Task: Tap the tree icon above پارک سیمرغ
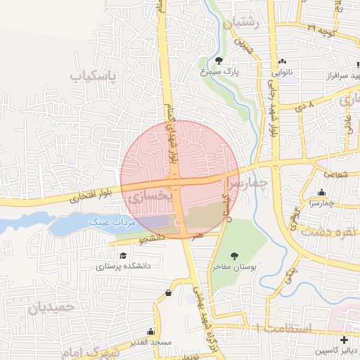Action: (x=219, y=60)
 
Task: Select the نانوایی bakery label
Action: (x=283, y=71)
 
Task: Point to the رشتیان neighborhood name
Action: (x=241, y=24)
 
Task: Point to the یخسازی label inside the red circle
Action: (x=149, y=198)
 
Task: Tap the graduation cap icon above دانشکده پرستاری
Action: (x=123, y=256)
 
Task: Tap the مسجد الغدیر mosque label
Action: (x=150, y=342)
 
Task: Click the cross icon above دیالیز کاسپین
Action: (x=343, y=340)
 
